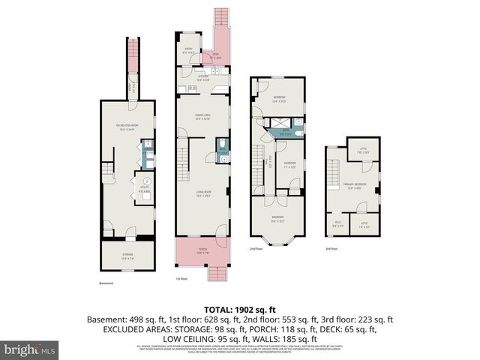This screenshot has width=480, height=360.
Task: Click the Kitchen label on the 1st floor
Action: click(x=203, y=77)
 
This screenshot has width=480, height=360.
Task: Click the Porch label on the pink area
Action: click(x=202, y=250)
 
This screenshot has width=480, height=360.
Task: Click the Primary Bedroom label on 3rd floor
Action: click(x=355, y=187)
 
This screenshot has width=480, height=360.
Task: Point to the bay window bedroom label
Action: click(x=278, y=220)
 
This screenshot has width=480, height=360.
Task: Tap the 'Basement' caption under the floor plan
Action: click(x=106, y=283)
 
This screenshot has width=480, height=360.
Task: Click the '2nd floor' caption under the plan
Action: click(x=256, y=248)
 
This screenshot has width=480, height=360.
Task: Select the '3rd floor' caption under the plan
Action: click(x=331, y=248)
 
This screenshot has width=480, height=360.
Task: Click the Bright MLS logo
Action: click(x=30, y=349)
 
